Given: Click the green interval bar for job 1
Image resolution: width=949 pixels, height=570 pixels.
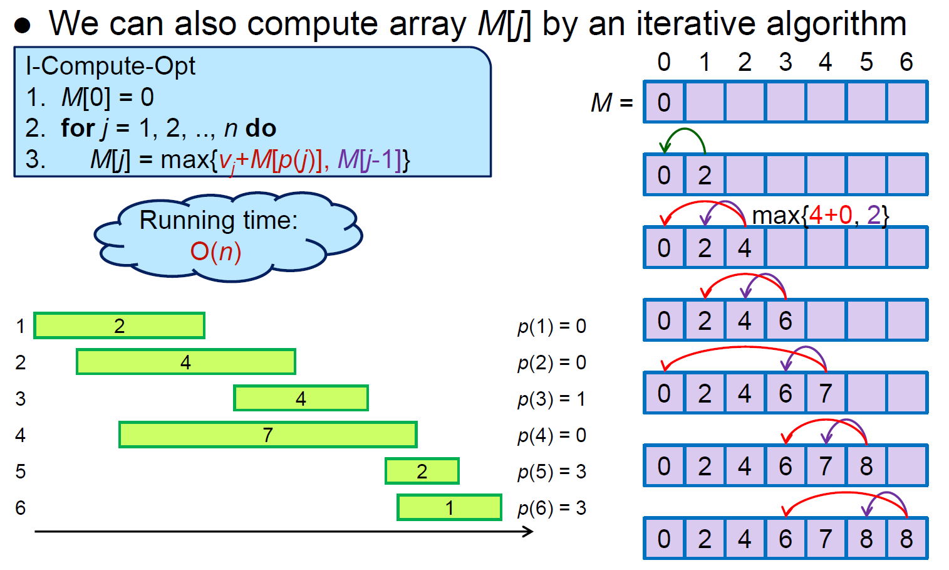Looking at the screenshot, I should click(119, 325).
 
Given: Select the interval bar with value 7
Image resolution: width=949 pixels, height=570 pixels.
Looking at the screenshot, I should click(267, 435).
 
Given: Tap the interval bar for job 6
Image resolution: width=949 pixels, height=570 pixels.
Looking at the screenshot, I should click(449, 507).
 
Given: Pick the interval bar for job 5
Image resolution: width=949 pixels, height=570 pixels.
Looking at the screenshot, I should click(422, 471).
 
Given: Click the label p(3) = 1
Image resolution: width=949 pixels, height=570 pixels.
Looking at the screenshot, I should click(551, 399).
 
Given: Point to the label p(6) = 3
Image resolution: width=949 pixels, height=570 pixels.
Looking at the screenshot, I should click(551, 508).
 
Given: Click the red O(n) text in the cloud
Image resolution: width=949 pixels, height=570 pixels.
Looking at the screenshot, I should click(215, 251).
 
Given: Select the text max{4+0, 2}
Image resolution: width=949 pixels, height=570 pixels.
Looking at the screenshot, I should click(820, 215).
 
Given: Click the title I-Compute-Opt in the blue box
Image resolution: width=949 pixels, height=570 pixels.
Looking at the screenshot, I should click(110, 66).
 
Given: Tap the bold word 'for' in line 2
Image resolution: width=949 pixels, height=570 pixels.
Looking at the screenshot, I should click(78, 129).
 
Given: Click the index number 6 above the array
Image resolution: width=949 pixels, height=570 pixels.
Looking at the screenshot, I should click(906, 62).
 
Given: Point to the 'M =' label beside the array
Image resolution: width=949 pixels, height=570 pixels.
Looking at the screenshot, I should click(611, 102).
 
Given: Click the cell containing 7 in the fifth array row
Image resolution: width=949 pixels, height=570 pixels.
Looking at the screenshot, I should click(826, 393).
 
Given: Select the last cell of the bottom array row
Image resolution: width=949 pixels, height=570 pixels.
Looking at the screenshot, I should click(906, 539).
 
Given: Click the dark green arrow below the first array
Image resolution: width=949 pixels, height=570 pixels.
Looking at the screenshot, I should click(684, 137).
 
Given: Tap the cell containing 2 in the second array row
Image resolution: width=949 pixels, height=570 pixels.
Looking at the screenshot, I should click(705, 175).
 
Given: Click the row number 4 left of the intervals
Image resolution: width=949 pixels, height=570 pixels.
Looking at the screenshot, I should click(21, 435).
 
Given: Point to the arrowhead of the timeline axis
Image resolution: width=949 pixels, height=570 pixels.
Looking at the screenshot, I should click(529, 532).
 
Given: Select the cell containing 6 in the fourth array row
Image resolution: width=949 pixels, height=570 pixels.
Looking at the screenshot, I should click(786, 320).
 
